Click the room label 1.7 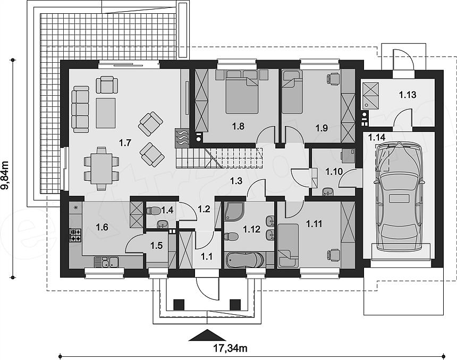click(x=125, y=143)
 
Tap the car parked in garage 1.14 click(x=398, y=197)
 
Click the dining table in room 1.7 click(x=101, y=169)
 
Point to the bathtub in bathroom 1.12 click(x=246, y=259)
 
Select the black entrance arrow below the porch click(x=207, y=335)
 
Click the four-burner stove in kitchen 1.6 click(x=75, y=236)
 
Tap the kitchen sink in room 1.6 click(x=106, y=262)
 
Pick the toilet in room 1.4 click(x=153, y=211)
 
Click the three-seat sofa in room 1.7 click(x=80, y=110)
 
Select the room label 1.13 click(x=408, y=95)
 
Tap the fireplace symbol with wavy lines click(x=182, y=137)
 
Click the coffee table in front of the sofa click(x=106, y=113)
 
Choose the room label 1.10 click(x=334, y=172)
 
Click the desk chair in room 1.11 click(x=333, y=255)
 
